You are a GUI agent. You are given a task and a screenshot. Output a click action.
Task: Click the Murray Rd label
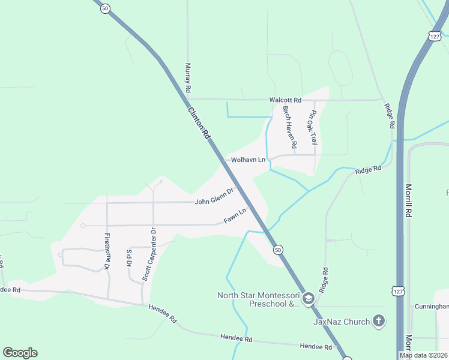click(x=188, y=77)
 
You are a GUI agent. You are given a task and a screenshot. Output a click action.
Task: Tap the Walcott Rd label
click(x=285, y=100)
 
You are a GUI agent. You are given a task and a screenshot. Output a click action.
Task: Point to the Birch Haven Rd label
click(x=290, y=127)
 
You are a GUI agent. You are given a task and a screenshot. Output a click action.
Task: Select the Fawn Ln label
click(x=235, y=216)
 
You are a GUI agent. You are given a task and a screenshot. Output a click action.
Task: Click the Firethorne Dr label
click(x=107, y=251)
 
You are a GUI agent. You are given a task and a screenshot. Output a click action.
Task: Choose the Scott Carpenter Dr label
click(x=149, y=254)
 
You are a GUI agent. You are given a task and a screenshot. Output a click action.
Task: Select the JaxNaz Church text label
click(x=342, y=322)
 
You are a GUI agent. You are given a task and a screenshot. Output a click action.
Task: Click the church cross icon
click(x=378, y=322)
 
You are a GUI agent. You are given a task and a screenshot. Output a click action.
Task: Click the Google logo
click(x=20, y=353)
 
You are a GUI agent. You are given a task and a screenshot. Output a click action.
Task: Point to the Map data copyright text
click(x=423, y=355)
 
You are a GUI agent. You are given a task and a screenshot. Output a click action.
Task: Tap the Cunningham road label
click(x=432, y=307)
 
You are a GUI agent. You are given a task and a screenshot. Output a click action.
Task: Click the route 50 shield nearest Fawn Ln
click(x=277, y=249)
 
